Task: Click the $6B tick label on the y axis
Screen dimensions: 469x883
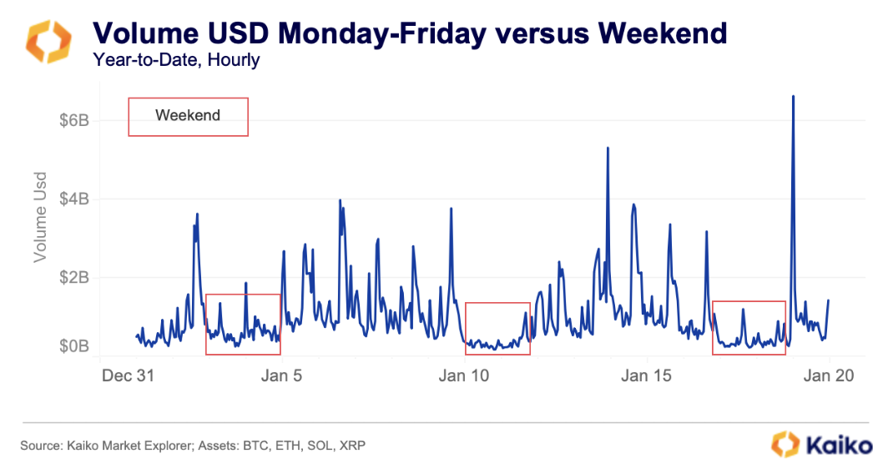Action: click(73, 121)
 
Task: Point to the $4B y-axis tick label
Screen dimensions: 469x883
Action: click(73, 199)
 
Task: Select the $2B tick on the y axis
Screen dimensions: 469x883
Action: click(73, 278)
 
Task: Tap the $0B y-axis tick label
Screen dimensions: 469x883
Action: click(73, 346)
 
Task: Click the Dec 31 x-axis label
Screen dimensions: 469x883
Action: click(127, 376)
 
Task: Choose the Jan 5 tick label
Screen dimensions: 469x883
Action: click(282, 376)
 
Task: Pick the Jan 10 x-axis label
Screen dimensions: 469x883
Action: click(464, 376)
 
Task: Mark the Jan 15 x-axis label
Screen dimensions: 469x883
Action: click(647, 376)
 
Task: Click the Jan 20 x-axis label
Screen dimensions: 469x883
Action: click(829, 376)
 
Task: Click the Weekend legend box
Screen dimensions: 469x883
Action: click(188, 116)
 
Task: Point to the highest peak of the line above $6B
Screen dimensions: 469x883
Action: click(792, 97)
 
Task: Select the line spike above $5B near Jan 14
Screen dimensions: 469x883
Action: click(608, 149)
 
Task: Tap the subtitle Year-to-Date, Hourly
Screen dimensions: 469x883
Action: click(177, 60)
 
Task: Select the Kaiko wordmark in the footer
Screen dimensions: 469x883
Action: click(821, 444)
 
